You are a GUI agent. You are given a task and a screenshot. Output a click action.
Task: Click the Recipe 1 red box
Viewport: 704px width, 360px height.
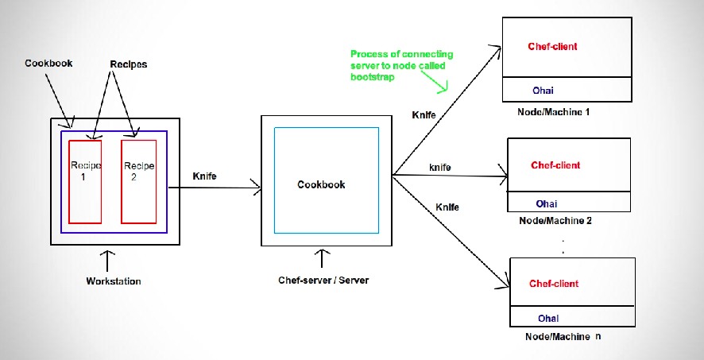point(85,181)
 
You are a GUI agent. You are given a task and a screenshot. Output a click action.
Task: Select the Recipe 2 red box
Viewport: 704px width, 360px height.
point(138,181)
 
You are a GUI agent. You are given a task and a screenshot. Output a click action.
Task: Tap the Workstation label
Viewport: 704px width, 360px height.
point(114,281)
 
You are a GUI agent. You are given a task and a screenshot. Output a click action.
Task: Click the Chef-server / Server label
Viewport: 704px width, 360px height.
point(323,281)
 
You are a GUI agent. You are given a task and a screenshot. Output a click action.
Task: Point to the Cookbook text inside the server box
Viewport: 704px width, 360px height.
point(321,184)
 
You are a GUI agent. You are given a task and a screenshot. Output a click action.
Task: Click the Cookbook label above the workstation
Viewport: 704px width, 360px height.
point(48,63)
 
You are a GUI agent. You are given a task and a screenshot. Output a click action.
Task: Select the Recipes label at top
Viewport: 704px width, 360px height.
point(129,63)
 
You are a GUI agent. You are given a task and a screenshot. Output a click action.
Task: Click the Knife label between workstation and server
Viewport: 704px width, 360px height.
point(205,176)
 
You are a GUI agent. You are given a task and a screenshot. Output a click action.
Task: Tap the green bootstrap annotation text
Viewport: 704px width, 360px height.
point(401,66)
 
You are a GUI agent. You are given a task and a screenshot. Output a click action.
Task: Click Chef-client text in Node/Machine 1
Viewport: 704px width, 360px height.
point(552,47)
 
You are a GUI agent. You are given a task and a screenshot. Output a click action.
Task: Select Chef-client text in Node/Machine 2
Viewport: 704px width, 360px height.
point(555,165)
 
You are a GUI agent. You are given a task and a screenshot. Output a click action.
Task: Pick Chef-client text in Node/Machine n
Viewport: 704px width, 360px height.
point(554,284)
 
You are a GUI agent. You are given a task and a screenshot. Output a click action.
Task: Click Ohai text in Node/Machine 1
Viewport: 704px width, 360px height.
point(543,91)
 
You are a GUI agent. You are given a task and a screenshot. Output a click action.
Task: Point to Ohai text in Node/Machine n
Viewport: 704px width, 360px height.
point(547,319)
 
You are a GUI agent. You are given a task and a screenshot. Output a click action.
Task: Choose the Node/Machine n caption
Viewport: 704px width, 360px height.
point(563,337)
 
